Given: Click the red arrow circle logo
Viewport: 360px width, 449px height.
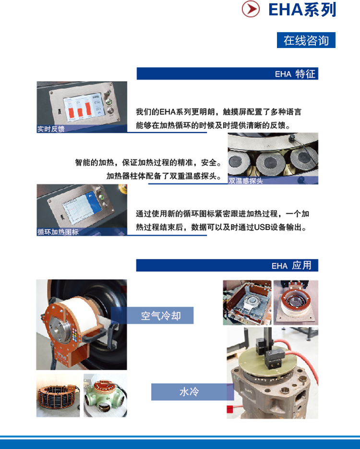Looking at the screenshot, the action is pyautogui.click(x=251, y=9).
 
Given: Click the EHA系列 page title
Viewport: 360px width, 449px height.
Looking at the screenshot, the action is pyautogui.click(x=302, y=10).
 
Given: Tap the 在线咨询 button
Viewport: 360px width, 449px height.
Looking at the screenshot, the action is pyautogui.click(x=306, y=40).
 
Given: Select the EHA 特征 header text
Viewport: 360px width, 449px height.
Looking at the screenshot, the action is pyautogui.click(x=295, y=74).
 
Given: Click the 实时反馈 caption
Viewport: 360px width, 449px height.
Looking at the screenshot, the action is pyautogui.click(x=51, y=129).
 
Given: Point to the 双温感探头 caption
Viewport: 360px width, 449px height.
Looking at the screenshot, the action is pyautogui.click(x=246, y=181).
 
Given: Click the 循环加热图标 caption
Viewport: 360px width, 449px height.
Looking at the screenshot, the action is pyautogui.click(x=58, y=231).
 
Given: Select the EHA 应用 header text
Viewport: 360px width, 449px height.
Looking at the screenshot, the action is pyautogui.click(x=291, y=266).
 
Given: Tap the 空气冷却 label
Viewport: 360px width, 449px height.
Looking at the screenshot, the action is pyautogui.click(x=161, y=316).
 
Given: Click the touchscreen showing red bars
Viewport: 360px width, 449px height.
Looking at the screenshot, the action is pyautogui.click(x=83, y=107).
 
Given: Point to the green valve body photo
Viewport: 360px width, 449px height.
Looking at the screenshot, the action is pyautogui.click(x=105, y=395).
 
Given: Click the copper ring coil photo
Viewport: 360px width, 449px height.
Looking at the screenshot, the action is pyautogui.click(x=58, y=395).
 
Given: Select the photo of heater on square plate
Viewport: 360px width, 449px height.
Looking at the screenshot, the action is pyautogui.click(x=296, y=303).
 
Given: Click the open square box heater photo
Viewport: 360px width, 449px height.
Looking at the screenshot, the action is pyautogui.click(x=247, y=303).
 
